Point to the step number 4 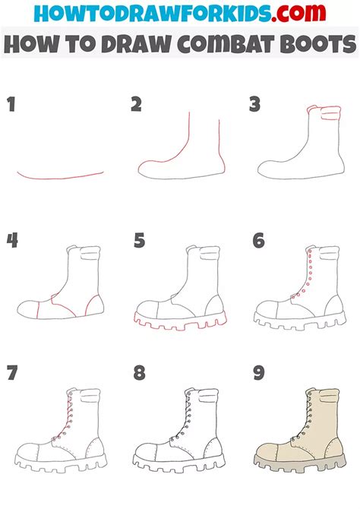pos(12,241)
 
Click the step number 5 pos(138,241)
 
